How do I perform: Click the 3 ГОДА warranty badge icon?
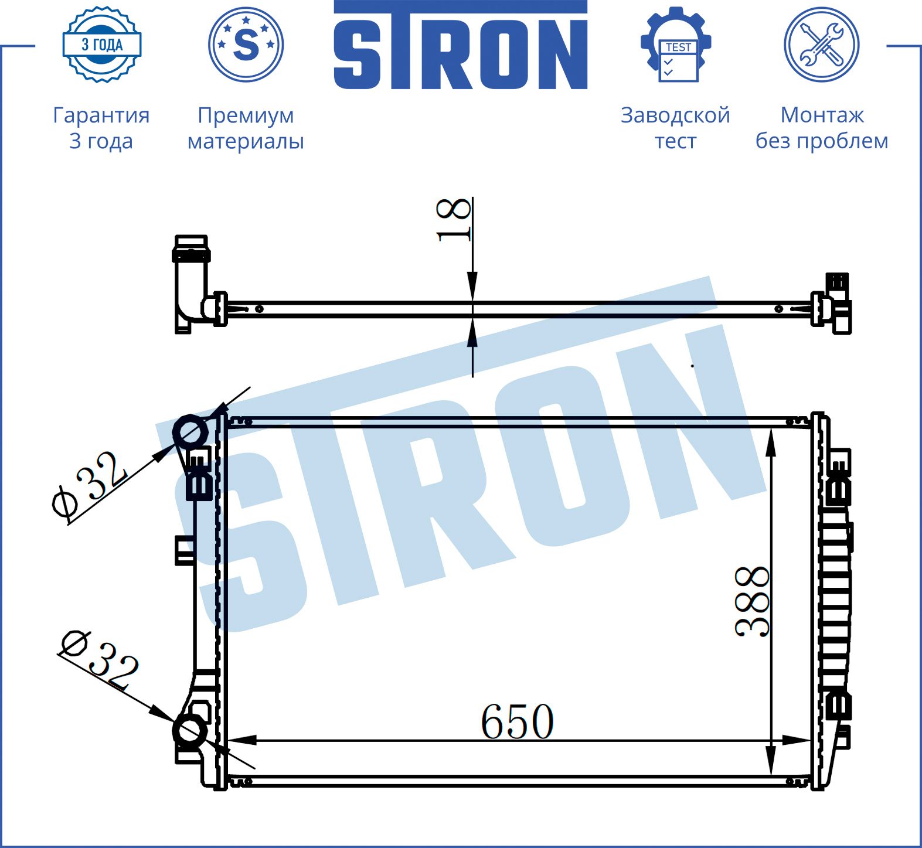[x=102, y=45]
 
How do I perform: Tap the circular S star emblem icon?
[x=246, y=45]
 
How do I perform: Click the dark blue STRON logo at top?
[x=461, y=45]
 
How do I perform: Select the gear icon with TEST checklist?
[x=676, y=45]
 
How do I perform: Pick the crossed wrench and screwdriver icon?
[x=822, y=45]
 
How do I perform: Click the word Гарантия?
[x=101, y=115]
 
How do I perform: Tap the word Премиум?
[x=246, y=115]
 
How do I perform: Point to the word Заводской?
[x=675, y=115]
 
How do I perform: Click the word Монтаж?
[x=822, y=115]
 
